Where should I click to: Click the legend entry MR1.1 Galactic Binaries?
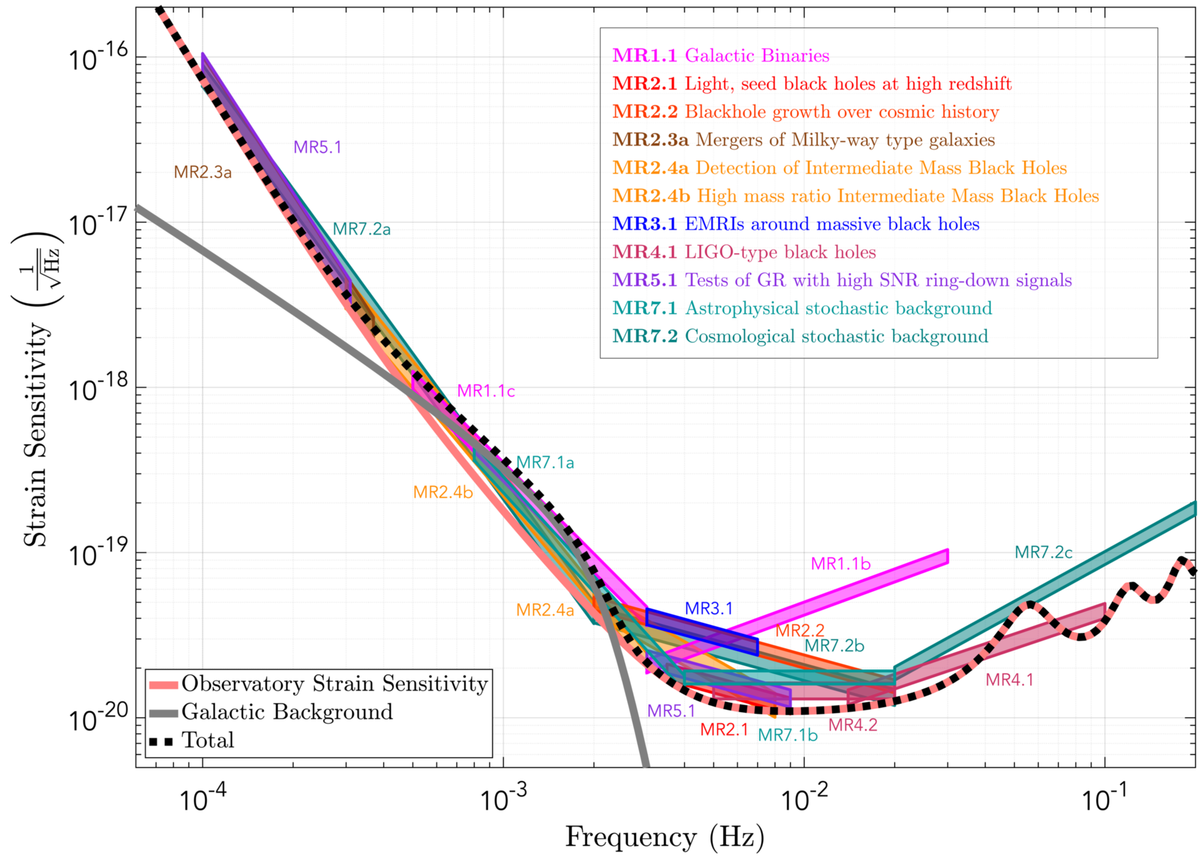point(720,55)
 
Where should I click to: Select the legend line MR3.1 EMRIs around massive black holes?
point(796,224)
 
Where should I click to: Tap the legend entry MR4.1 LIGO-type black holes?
point(744,252)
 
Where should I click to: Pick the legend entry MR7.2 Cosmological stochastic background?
point(800,337)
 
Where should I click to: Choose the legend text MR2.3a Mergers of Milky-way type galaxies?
point(803,140)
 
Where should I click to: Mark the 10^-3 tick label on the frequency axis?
point(502,799)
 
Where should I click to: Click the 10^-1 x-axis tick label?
point(1104,799)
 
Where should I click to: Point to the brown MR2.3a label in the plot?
point(202,173)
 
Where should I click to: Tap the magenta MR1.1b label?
point(841,564)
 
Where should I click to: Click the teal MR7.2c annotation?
point(1043,553)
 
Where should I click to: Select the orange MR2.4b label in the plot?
point(443,492)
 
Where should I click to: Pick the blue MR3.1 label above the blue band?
point(709,609)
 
